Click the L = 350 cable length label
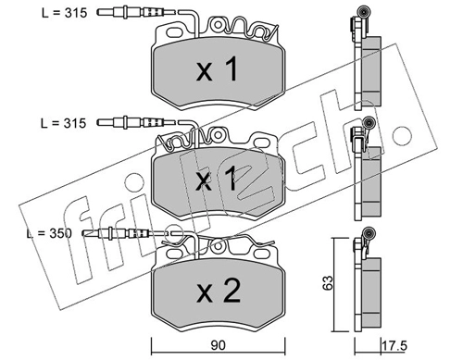[x=49, y=233]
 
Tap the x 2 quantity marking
[x=219, y=290]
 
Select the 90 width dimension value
[x=218, y=345]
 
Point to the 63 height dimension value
[x=328, y=282]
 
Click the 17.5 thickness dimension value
[x=394, y=345]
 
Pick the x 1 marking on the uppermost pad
[x=218, y=69]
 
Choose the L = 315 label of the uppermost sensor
[x=65, y=13]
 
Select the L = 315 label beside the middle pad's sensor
[x=63, y=123]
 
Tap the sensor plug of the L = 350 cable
[x=116, y=233]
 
